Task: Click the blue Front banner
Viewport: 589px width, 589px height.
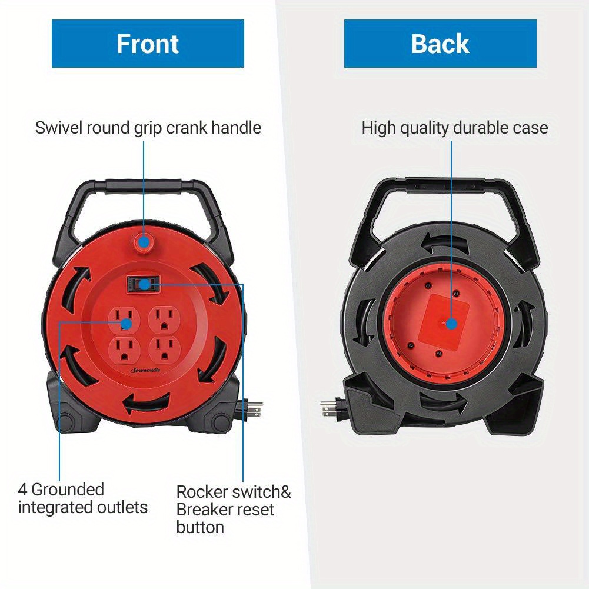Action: point(148,44)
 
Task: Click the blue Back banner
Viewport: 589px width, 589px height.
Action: point(440,44)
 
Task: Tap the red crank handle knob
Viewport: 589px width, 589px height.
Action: point(144,242)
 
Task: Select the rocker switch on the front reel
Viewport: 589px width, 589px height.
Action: point(144,284)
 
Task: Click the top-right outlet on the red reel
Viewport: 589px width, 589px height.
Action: point(164,320)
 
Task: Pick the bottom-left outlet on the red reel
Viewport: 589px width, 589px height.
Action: point(124,351)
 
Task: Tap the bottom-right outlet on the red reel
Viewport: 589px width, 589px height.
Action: point(164,351)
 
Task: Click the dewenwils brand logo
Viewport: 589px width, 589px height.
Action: point(145,370)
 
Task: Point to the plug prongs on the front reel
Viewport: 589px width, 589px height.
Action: point(254,409)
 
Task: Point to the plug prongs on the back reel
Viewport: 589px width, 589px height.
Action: point(328,409)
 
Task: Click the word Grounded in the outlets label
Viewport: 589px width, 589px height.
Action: point(68,490)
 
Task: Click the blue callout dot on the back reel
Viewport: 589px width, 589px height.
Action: point(451,324)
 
